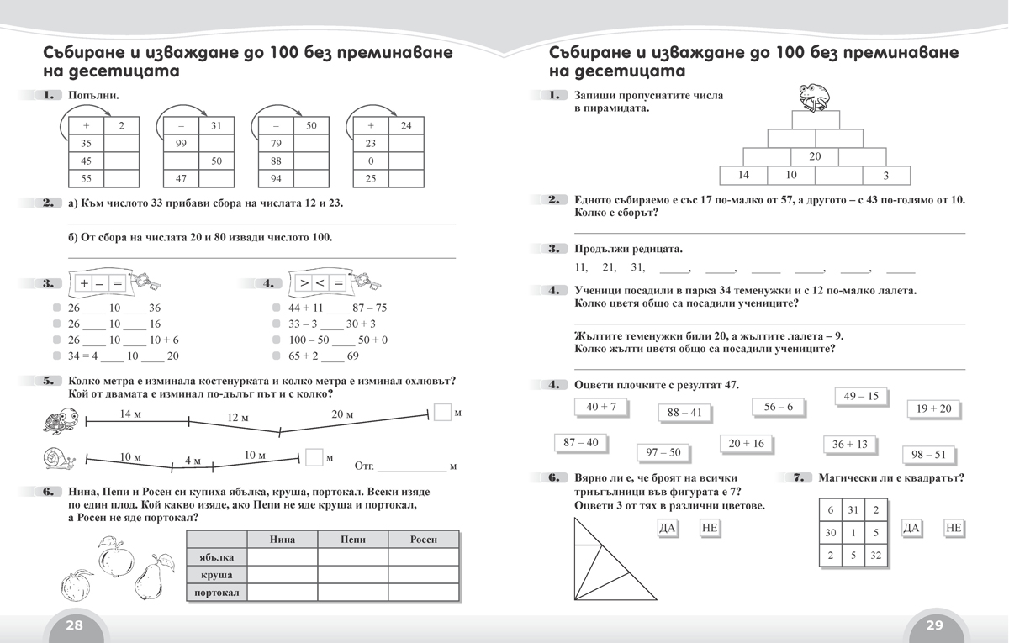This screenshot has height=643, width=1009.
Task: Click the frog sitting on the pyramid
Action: pyautogui.click(x=814, y=97)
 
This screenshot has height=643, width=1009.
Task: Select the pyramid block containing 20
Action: pyautogui.click(x=815, y=156)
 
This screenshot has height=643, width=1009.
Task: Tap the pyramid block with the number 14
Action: pyautogui.click(x=743, y=175)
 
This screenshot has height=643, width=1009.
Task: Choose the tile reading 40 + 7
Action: pyautogui.click(x=601, y=407)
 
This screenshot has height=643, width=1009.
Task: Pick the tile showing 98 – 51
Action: pyautogui.click(x=928, y=455)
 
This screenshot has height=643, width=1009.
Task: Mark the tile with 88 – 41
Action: pyautogui.click(x=684, y=413)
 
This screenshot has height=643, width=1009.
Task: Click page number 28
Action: pyautogui.click(x=75, y=625)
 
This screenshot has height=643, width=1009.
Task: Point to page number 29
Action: pyautogui.click(x=934, y=625)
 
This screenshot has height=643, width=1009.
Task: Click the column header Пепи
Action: pyautogui.click(x=352, y=539)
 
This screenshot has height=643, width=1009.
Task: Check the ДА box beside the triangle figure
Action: pyautogui.click(x=668, y=528)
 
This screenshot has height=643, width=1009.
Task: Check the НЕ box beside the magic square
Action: pyautogui.click(x=953, y=528)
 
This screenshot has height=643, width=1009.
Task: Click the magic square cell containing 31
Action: pyautogui.click(x=853, y=510)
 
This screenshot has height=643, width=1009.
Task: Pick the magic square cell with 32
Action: pyautogui.click(x=875, y=556)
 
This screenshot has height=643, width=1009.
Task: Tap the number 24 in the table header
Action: pyautogui.click(x=406, y=126)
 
